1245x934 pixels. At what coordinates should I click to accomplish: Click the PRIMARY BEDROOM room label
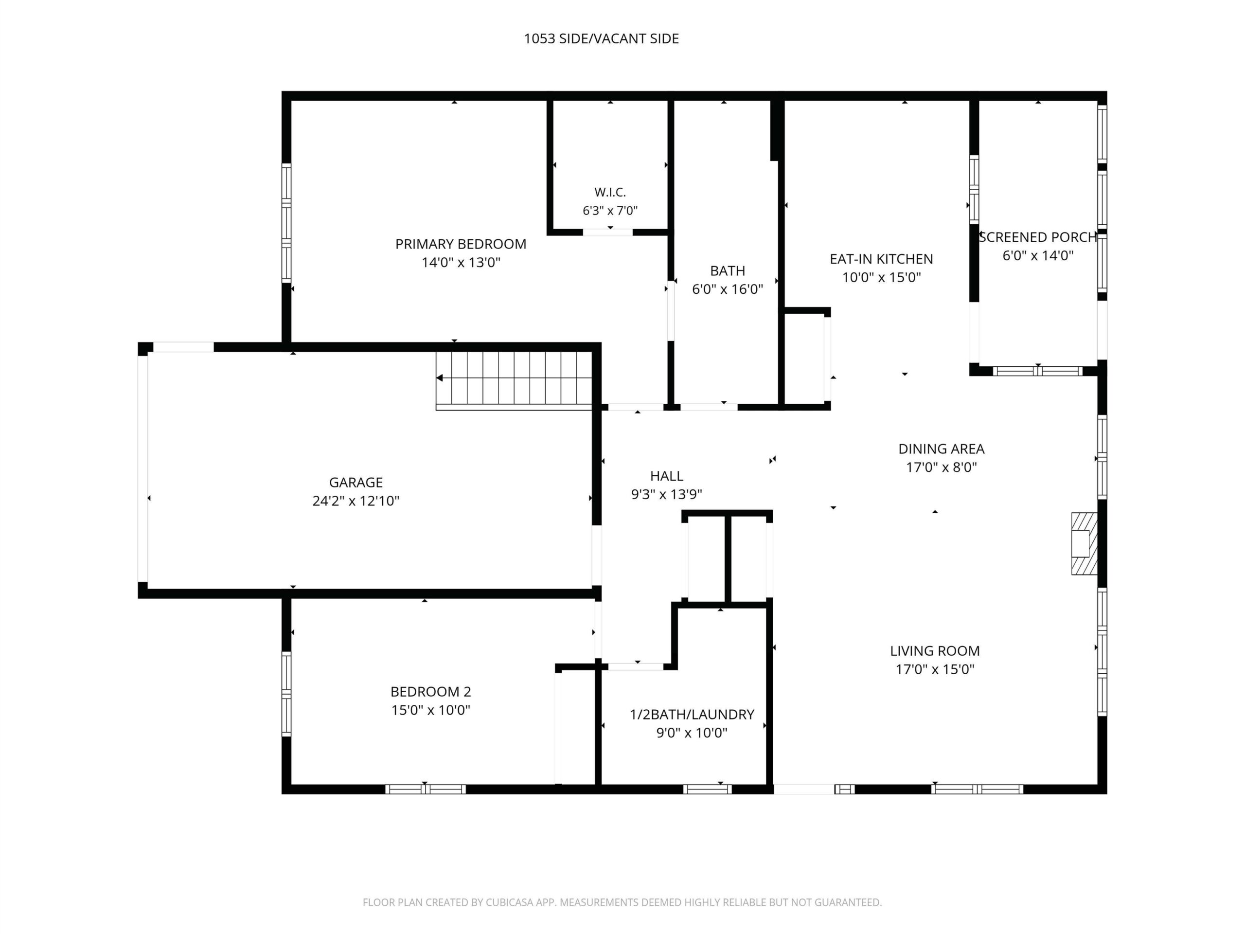tap(461, 244)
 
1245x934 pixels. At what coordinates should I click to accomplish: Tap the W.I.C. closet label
tap(610, 193)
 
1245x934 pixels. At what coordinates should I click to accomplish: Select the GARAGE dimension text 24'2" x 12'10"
tap(356, 501)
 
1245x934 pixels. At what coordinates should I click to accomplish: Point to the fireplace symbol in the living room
tap(1084, 543)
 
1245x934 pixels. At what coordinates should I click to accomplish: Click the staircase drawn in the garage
tap(514, 379)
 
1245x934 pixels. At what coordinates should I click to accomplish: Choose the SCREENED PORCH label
tap(1038, 237)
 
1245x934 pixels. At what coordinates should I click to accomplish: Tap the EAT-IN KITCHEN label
tap(881, 259)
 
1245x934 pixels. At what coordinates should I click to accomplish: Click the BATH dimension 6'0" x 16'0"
tap(727, 289)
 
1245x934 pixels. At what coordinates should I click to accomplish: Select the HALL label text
tap(667, 476)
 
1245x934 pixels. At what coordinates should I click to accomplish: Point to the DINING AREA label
tap(941, 449)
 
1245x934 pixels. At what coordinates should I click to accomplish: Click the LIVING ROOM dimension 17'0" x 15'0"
tap(935, 669)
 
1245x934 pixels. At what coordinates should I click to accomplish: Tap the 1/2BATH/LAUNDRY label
tap(692, 715)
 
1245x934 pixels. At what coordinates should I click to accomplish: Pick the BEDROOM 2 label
tap(430, 691)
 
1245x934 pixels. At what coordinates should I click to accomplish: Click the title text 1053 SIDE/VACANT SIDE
tap(601, 38)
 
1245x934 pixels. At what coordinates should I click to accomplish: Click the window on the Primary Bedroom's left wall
tap(286, 223)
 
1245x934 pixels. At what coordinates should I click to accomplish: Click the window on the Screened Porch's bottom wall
tap(1037, 371)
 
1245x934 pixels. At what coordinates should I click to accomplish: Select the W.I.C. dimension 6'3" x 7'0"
tap(610, 211)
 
